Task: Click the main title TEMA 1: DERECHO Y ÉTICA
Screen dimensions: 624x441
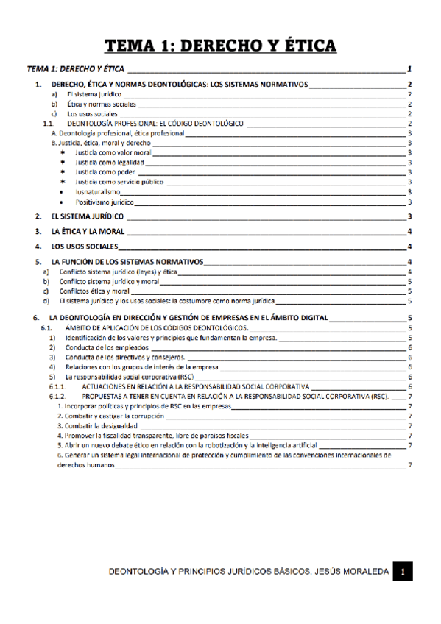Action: click(221, 46)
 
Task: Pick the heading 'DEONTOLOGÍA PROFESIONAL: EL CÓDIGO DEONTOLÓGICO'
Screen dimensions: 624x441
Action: click(155, 124)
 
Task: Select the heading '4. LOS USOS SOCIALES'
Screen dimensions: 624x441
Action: click(83, 246)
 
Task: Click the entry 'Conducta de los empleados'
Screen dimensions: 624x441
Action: click(107, 347)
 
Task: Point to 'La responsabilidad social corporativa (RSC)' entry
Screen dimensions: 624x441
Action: click(129, 376)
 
